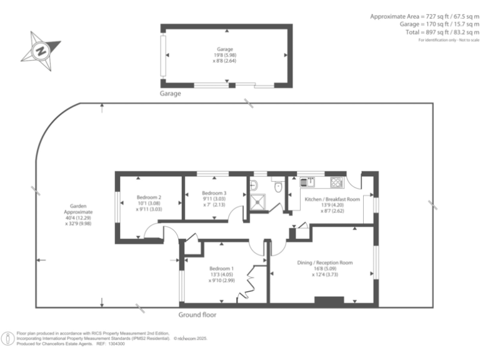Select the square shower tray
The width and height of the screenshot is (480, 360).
click(x=258, y=201)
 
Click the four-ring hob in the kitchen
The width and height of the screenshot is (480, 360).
click(x=336, y=182)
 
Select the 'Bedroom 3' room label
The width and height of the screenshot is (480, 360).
click(x=214, y=193)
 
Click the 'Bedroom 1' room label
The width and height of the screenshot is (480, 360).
click(x=222, y=268)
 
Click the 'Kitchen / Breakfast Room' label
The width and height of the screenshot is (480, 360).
click(x=332, y=199)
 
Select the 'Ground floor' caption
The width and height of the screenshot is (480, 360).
click(x=197, y=315)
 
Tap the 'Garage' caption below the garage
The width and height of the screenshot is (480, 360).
click(x=170, y=94)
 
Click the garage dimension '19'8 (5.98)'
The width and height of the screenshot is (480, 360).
click(x=225, y=55)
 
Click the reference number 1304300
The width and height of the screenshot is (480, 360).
click(x=116, y=344)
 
